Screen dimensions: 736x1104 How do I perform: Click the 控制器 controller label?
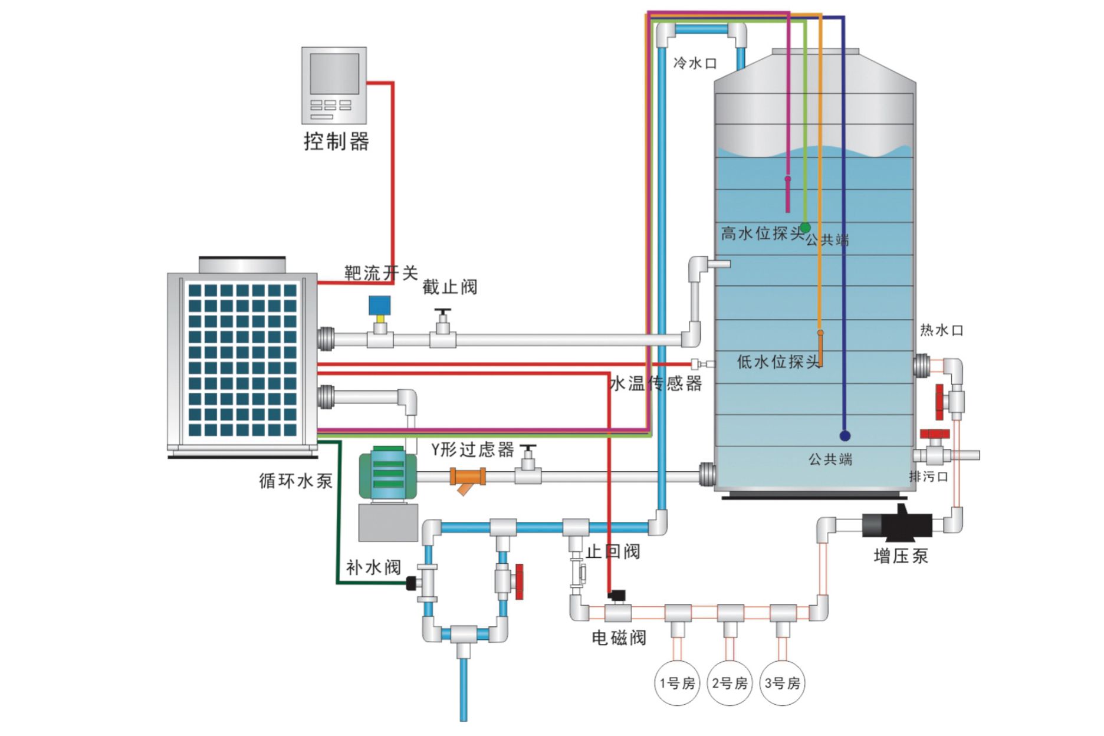(x=336, y=142)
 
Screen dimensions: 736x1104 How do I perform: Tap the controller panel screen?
(x=334, y=74)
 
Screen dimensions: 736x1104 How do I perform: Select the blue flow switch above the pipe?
(x=380, y=305)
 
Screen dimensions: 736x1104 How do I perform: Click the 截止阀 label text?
(x=449, y=287)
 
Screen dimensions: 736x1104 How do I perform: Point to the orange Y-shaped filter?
(x=468, y=478)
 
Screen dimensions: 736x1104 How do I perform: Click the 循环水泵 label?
(x=295, y=481)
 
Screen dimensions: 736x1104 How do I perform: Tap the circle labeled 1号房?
(x=677, y=684)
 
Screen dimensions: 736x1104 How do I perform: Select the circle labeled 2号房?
(x=730, y=684)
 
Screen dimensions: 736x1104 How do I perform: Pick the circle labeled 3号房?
(x=783, y=684)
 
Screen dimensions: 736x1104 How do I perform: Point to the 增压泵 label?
(x=901, y=556)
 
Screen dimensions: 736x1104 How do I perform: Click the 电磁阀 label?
(x=619, y=638)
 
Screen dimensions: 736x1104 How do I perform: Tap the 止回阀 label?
(x=613, y=551)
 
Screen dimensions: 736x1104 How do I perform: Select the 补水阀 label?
(x=373, y=567)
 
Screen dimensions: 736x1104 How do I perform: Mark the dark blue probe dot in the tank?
(x=845, y=436)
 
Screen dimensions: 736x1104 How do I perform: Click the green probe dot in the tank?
(x=805, y=228)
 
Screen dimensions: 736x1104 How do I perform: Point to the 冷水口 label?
(x=695, y=63)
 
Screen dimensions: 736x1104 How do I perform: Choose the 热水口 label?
(x=941, y=330)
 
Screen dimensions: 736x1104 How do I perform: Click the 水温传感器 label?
(x=656, y=384)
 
